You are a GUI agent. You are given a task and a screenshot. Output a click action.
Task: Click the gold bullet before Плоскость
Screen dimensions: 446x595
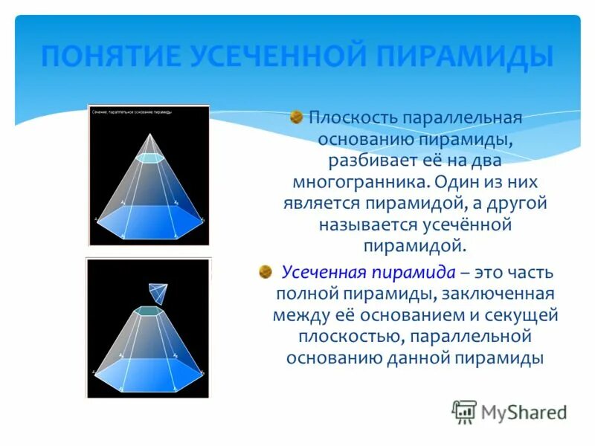pyautogui.click(x=297, y=117)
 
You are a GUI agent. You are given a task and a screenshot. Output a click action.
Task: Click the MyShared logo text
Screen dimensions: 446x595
pyautogui.click(x=524, y=411)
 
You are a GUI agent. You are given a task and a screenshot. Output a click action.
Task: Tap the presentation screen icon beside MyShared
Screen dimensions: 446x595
pyautogui.click(x=463, y=411)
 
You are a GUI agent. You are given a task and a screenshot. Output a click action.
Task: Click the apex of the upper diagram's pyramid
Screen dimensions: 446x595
pyautogui.click(x=151, y=135)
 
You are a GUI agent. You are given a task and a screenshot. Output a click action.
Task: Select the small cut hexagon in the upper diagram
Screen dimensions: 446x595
pyautogui.click(x=151, y=158)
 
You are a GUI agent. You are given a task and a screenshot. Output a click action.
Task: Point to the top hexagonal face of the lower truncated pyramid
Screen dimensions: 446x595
pyautogui.click(x=149, y=311)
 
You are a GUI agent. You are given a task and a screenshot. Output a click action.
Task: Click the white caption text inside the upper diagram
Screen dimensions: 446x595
pyautogui.click(x=132, y=111)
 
